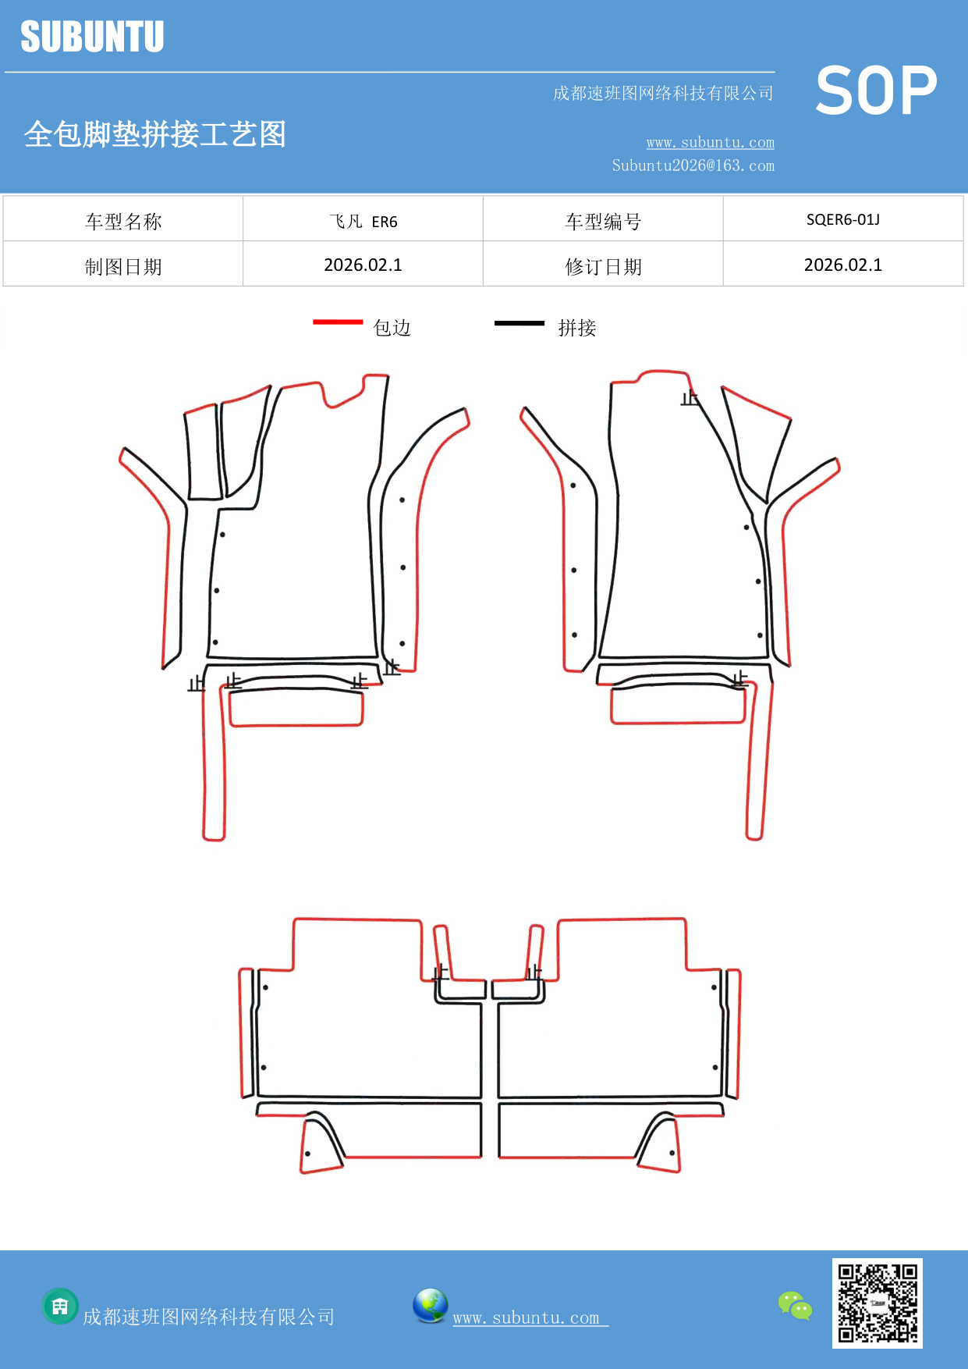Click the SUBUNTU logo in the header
(x=92, y=37)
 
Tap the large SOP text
(x=876, y=91)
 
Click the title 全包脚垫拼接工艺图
(x=155, y=134)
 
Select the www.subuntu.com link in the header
(x=710, y=142)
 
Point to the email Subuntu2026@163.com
(x=693, y=165)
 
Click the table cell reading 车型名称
(x=123, y=222)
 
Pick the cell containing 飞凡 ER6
(x=363, y=222)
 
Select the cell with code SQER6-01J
(x=842, y=220)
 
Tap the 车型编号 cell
(x=603, y=222)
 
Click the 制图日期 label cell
(x=123, y=267)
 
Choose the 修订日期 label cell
(x=603, y=267)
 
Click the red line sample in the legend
(x=338, y=322)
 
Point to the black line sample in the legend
(x=519, y=322)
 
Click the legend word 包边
(x=392, y=328)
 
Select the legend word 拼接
(x=577, y=328)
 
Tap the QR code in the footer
(x=877, y=1303)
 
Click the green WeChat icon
(x=795, y=1306)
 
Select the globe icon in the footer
(x=430, y=1306)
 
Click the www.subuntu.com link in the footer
(x=527, y=1318)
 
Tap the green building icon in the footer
(x=60, y=1306)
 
